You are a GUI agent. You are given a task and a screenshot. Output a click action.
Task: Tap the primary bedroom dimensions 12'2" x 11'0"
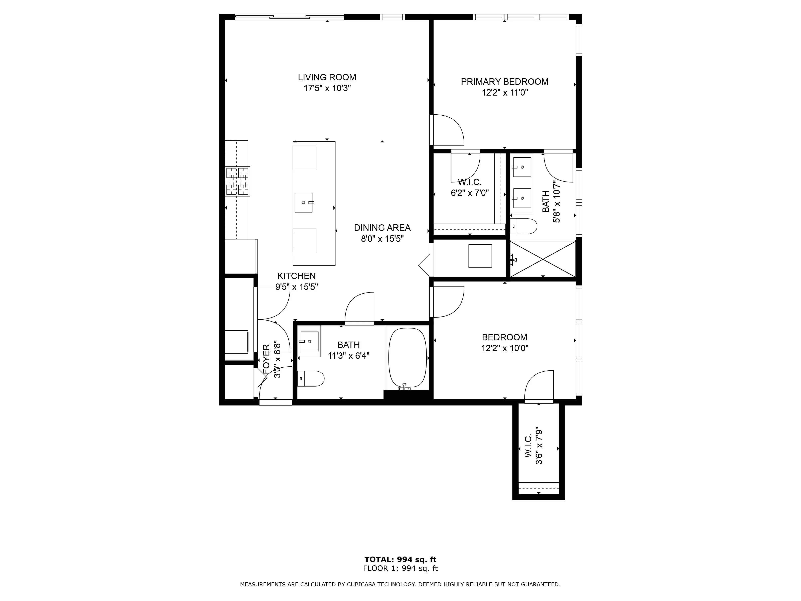point(504,93)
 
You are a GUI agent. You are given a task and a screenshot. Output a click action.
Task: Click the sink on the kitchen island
point(303,203)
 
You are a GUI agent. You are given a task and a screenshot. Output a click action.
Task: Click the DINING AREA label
point(382,228)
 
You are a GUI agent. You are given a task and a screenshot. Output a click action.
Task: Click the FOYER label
point(266,359)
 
